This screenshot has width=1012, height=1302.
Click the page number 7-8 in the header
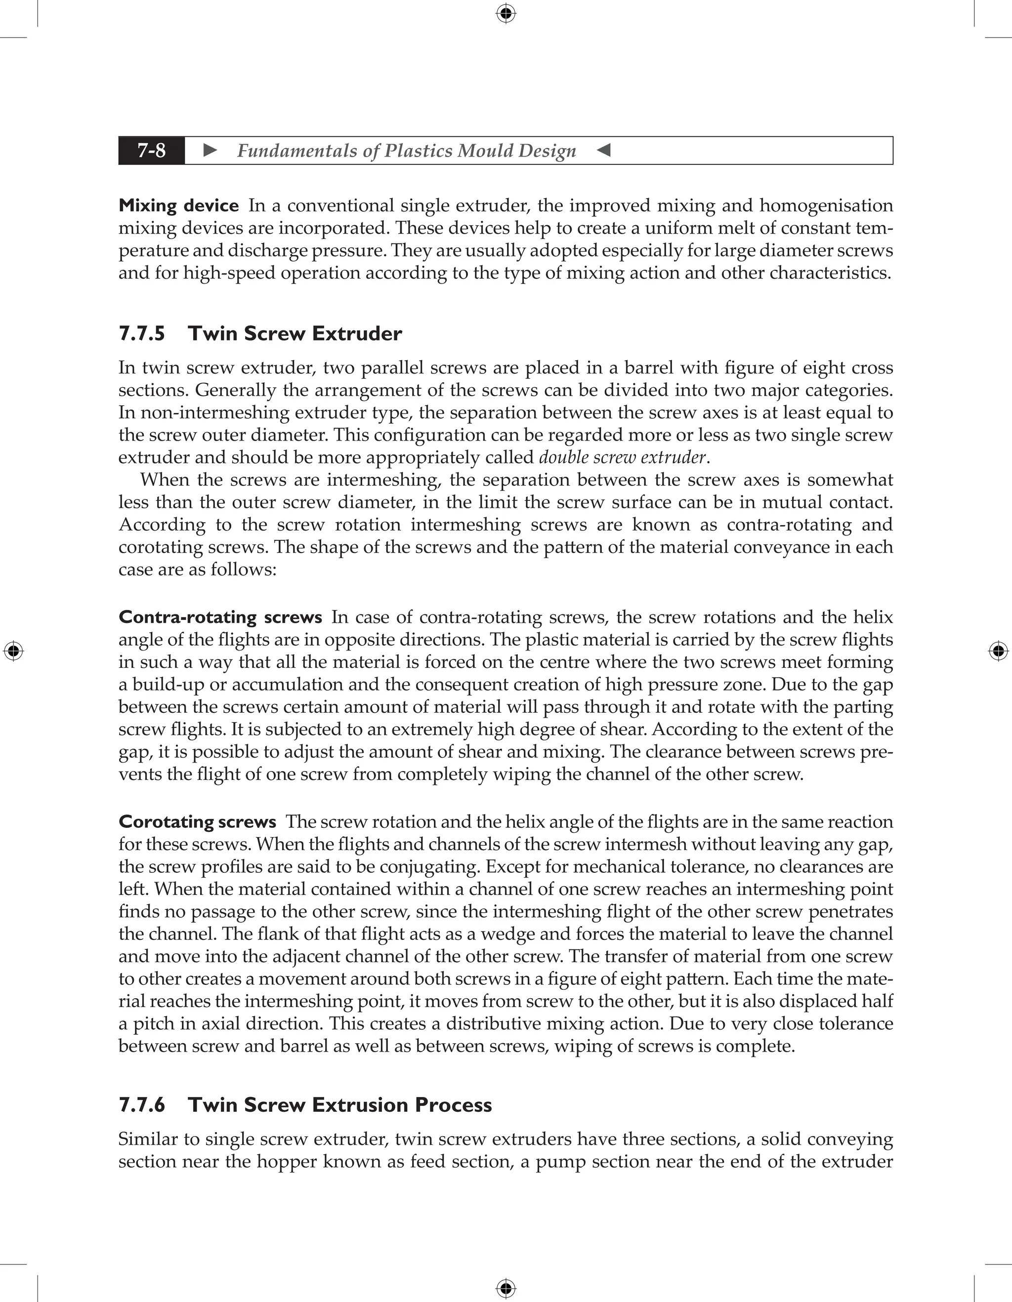pyautogui.click(x=152, y=151)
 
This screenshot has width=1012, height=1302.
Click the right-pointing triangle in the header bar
pyautogui.click(x=210, y=151)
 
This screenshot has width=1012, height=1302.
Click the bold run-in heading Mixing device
pyautogui.click(x=178, y=205)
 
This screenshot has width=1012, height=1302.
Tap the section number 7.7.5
pyautogui.click(x=142, y=333)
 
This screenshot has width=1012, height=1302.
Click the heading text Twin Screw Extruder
pyautogui.click(x=295, y=333)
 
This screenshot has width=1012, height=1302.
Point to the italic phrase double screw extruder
pyautogui.click(x=622, y=457)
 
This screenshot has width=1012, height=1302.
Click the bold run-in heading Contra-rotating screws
pyautogui.click(x=220, y=616)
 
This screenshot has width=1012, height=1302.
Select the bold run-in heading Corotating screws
pyautogui.click(x=197, y=821)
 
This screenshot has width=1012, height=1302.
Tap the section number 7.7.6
pyautogui.click(x=142, y=1104)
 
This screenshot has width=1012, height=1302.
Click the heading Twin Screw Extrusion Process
pyautogui.click(x=340, y=1104)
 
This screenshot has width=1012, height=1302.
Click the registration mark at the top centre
pyautogui.click(x=506, y=13)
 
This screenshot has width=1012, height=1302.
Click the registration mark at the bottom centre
pyautogui.click(x=506, y=1288)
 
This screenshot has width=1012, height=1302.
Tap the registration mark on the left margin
pyautogui.click(x=13, y=651)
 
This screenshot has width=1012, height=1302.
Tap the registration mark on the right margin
pyautogui.click(x=998, y=651)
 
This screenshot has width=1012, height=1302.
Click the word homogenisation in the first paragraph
pyautogui.click(x=826, y=205)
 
